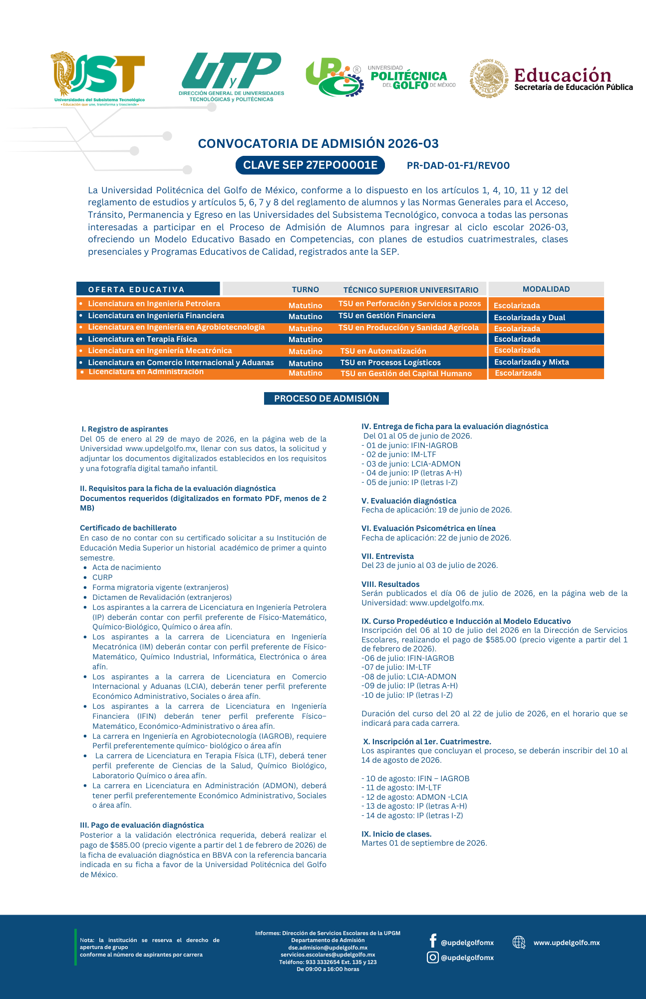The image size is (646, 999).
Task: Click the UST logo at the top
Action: point(99,77)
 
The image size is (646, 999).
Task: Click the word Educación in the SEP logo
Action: point(563,75)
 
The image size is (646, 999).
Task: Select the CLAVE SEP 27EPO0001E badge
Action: point(310,165)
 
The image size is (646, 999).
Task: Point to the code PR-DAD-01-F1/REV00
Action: point(458,166)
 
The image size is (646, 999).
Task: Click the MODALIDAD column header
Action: point(546,289)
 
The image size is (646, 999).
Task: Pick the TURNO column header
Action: point(305,290)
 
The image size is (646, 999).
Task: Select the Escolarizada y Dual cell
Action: point(529,318)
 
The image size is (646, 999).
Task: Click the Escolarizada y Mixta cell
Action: point(531,362)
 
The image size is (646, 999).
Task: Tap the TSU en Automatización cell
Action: point(383,351)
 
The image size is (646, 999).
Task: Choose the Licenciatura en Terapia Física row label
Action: point(142,339)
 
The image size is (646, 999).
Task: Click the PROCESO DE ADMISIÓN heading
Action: point(326,399)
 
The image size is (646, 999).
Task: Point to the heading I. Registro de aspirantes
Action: point(125,429)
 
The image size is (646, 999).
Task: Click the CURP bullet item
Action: point(102,577)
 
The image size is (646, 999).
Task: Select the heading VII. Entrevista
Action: point(387,556)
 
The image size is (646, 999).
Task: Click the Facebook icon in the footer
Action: point(433,941)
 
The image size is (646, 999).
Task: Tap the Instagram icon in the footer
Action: point(433,957)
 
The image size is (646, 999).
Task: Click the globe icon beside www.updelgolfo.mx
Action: point(519,942)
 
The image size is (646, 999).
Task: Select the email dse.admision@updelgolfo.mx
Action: point(327,948)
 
